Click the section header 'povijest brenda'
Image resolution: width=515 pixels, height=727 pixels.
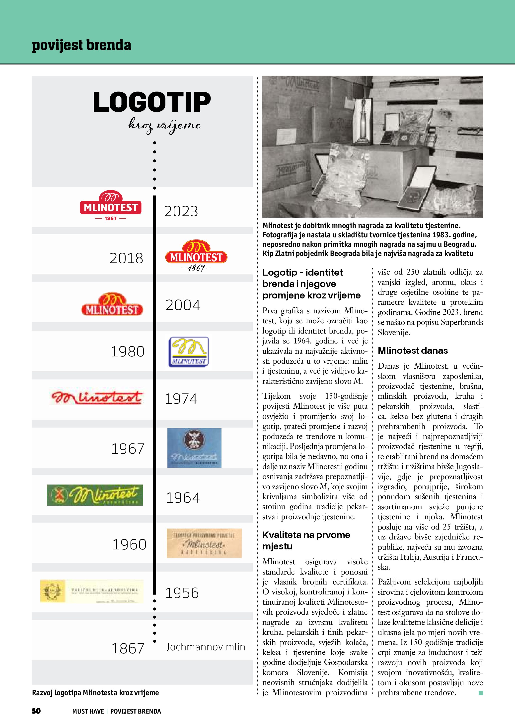click(x=81, y=45)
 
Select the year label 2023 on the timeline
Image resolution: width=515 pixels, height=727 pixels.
click(x=181, y=211)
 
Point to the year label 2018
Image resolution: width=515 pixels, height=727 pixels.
click(x=126, y=258)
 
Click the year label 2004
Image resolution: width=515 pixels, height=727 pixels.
click(x=183, y=305)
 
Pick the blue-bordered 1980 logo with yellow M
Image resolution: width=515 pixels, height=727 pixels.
click(x=188, y=352)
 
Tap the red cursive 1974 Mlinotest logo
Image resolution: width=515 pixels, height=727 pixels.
click(x=97, y=398)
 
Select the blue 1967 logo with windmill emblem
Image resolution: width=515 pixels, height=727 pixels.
click(x=194, y=448)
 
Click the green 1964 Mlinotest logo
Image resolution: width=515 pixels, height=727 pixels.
click(x=95, y=495)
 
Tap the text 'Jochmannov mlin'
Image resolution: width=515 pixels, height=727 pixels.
click(x=206, y=647)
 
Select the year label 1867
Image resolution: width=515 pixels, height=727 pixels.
click(x=128, y=648)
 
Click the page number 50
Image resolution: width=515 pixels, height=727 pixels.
click(x=36, y=711)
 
